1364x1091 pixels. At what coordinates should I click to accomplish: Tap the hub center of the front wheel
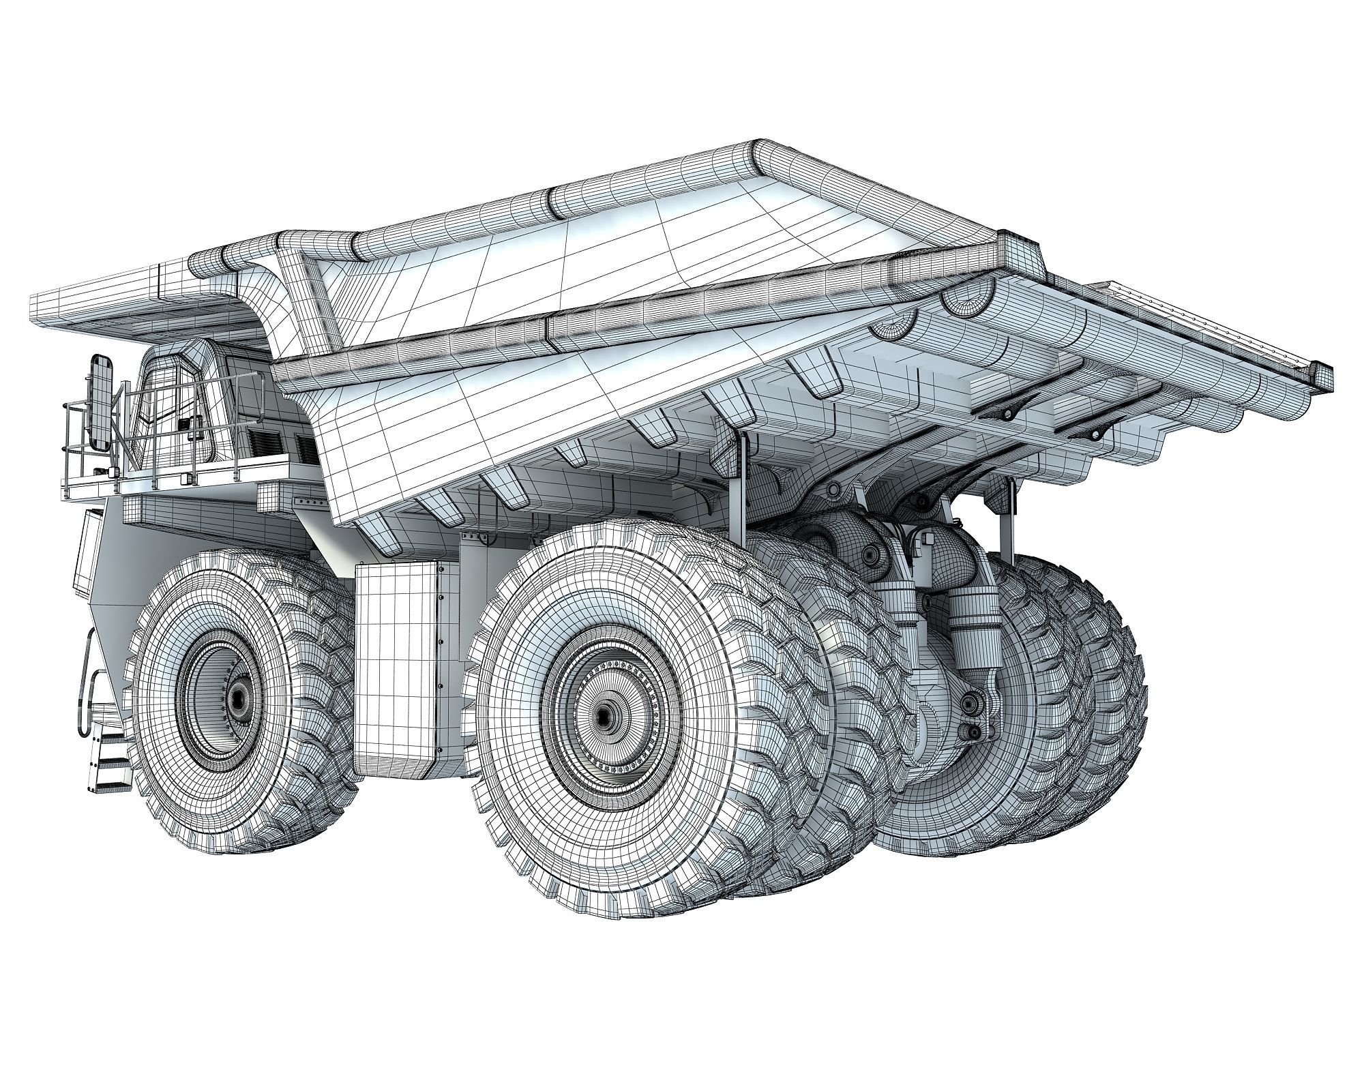[x=238, y=697]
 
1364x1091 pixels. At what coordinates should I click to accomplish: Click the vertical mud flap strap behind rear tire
[x=740, y=491]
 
